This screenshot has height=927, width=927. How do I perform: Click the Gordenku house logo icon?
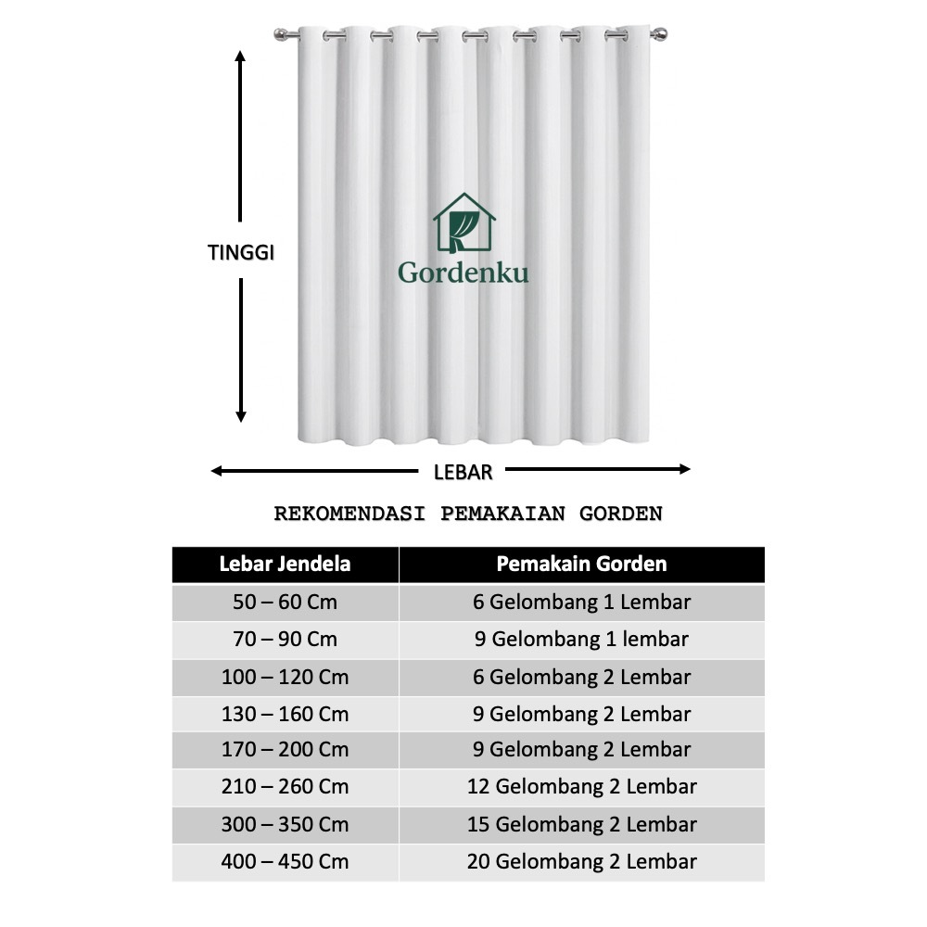point(463,223)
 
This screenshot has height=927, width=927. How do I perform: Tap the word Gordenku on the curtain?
point(463,273)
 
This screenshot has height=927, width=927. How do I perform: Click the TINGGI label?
point(240,253)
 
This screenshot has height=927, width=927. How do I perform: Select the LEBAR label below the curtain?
point(463,472)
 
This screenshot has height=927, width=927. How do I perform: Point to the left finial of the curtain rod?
point(281,35)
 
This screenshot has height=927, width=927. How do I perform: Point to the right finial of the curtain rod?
point(661,35)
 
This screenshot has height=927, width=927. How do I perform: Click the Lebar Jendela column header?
point(285,564)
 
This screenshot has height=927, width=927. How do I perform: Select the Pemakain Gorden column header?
point(581,564)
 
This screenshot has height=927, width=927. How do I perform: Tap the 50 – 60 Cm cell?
point(285,602)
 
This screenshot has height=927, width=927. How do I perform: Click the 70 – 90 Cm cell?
point(285,639)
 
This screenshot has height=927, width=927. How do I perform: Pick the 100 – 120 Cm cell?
point(285,677)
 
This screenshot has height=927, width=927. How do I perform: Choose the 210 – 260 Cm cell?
point(285,787)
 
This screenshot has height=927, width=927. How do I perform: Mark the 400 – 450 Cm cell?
point(285,861)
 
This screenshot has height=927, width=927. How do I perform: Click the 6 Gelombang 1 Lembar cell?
point(581,602)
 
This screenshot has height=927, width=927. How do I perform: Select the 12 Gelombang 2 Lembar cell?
point(581,787)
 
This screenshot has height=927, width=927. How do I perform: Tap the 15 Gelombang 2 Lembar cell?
point(581,824)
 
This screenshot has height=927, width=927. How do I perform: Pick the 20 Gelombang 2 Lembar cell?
point(581,861)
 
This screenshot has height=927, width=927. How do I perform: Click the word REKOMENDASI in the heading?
point(349,514)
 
